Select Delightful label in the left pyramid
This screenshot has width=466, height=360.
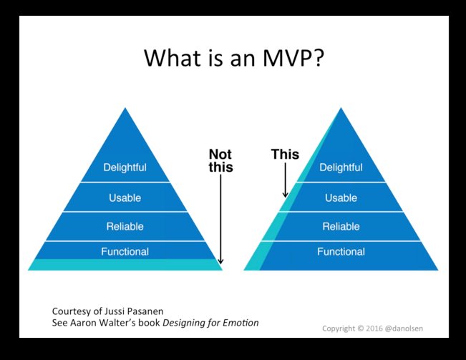pos(125,168)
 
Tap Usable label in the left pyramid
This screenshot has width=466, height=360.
pos(125,197)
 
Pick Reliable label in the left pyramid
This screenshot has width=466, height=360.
pos(125,226)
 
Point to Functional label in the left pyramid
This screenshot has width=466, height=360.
pos(125,251)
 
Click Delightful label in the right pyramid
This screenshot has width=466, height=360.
pos(341,168)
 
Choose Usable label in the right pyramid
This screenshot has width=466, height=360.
pos(341,197)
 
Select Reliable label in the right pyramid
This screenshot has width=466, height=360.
pos(341,226)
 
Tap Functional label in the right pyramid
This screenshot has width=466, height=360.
pos(341,251)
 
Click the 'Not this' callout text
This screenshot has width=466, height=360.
pos(220,160)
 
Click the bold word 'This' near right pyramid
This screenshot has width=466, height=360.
pos(285,154)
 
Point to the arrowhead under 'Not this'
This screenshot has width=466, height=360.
pos(221,262)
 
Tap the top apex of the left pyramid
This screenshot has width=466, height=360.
pos(126,110)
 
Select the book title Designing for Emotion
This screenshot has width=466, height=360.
pos(210,323)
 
